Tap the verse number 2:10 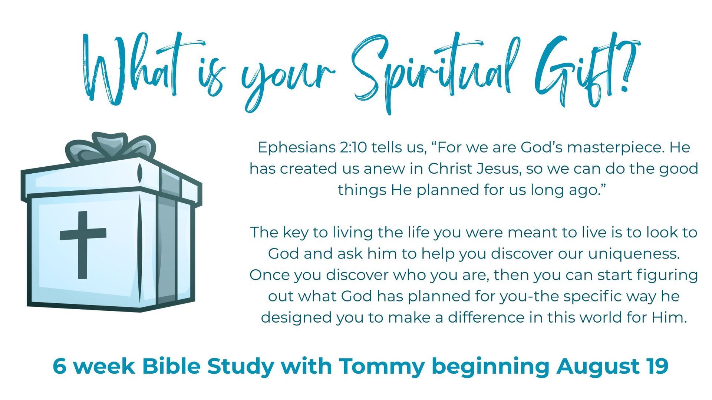pos(352,147)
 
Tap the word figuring pos(667,275)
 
